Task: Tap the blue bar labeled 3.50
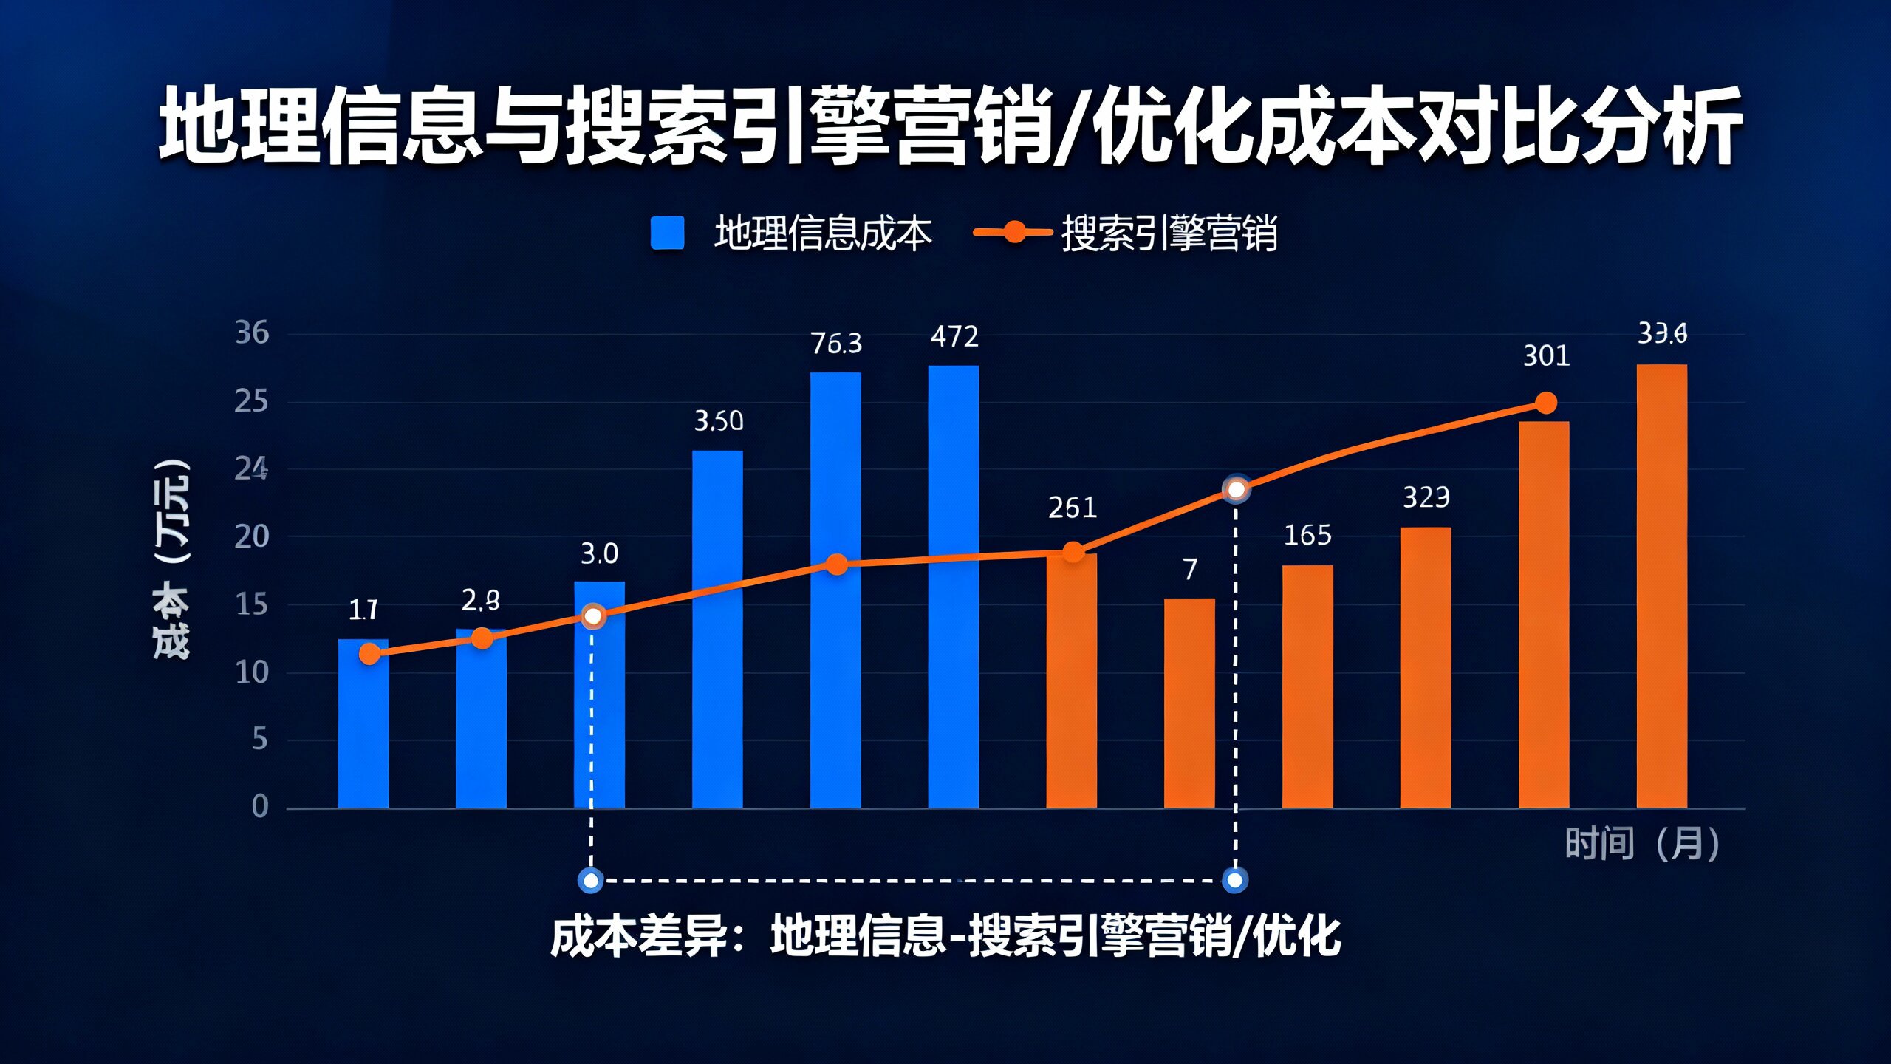coord(717,629)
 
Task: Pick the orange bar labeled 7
coord(1189,703)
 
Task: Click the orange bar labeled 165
coord(1307,686)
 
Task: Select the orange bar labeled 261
coord(1072,681)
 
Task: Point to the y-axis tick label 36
coord(252,333)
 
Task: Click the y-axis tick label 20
coord(252,537)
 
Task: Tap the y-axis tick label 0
coord(260,806)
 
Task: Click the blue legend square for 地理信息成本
coord(667,233)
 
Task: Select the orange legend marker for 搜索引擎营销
coord(1013,232)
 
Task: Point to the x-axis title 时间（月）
coord(1641,844)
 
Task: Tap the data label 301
coord(1546,356)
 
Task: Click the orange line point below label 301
coord(1545,403)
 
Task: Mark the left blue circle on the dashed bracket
coord(591,880)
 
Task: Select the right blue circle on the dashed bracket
coord(1234,880)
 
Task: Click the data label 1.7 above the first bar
coord(363,610)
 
